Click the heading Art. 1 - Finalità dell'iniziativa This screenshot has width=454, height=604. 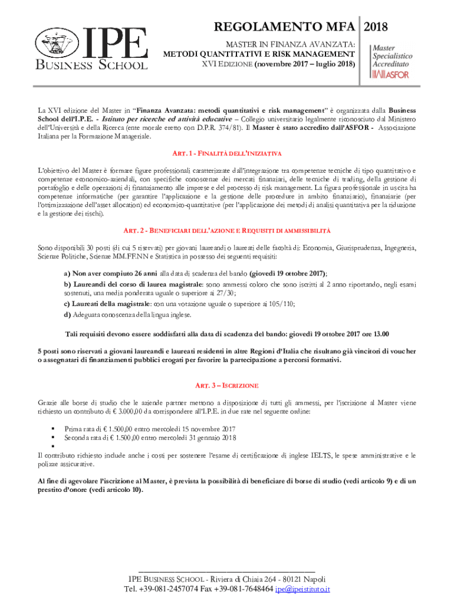226,153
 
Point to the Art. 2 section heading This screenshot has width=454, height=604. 226,229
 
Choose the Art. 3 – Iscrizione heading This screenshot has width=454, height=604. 226,385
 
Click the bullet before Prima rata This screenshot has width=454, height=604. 53,429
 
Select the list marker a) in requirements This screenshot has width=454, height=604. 67,274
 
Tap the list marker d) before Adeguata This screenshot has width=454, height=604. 68,314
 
